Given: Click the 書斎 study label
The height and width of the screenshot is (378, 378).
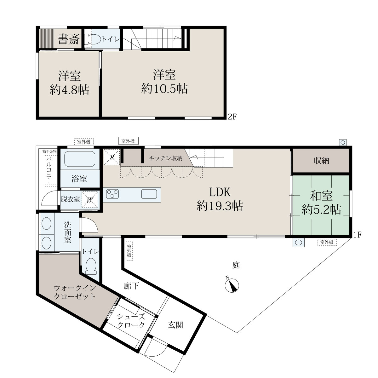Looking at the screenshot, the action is coord(68,39).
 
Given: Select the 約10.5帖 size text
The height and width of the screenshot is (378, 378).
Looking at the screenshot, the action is coord(164,89).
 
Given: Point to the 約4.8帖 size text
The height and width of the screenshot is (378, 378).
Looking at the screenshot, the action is coord(69,90).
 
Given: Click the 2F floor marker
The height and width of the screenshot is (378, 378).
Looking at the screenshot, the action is coord(232,117).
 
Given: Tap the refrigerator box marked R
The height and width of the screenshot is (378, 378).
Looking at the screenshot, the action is coord(112,157).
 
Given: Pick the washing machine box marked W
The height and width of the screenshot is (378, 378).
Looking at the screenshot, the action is coord(90,199).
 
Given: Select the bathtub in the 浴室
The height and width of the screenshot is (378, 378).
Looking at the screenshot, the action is coord(80,159).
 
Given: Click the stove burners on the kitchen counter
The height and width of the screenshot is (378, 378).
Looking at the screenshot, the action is coord(112,194).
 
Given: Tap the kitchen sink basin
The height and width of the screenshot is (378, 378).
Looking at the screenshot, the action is coord(149,194).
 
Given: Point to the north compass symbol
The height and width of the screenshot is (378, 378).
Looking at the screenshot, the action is coord(232,285).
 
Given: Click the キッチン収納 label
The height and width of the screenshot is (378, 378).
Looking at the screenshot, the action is coord(166,158).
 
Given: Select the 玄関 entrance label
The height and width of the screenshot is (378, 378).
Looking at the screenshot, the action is coord(175,325).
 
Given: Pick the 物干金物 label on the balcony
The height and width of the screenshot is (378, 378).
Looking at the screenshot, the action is coord(50,152).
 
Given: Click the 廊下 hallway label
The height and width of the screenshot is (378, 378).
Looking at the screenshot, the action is coord(131,286).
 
